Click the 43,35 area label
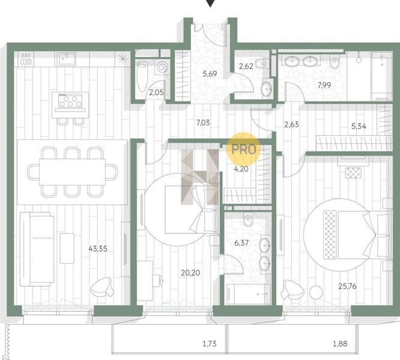[x=98, y=248]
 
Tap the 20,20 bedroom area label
[x=190, y=273]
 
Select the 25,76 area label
[x=347, y=286]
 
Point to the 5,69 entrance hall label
[x=210, y=74]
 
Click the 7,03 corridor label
[x=203, y=123]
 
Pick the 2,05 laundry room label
[x=156, y=92]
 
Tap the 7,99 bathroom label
[x=324, y=85]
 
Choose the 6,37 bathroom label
[x=241, y=243]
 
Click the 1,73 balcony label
[x=210, y=344]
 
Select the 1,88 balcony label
[x=340, y=344]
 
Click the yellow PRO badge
[x=244, y=149]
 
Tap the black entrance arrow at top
[x=210, y=3]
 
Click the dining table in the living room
[x=72, y=172]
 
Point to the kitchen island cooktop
[x=70, y=100]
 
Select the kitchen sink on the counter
[x=66, y=59]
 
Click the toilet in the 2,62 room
[x=261, y=63]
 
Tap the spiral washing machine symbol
[x=162, y=67]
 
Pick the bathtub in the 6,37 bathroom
[x=248, y=294]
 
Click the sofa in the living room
[x=37, y=249]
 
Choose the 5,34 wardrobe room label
[x=359, y=126]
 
